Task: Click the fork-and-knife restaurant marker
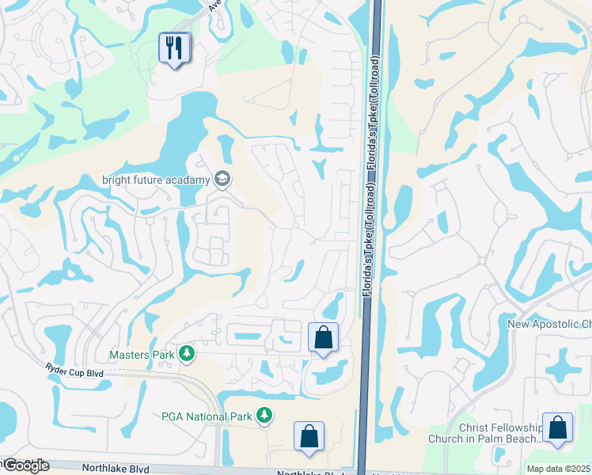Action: (173, 48)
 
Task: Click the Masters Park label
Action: (142, 355)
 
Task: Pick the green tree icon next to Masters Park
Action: (186, 354)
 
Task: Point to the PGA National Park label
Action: (206, 416)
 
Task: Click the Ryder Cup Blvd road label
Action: (76, 371)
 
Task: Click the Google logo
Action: (25, 465)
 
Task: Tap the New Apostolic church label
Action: (549, 324)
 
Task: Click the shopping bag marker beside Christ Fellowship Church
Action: (557, 427)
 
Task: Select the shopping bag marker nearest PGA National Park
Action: (308, 435)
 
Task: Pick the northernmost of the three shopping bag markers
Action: (323, 337)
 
